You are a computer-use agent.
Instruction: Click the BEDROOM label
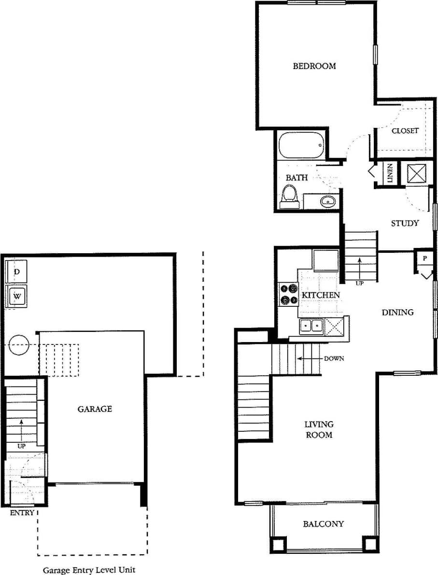[314, 66]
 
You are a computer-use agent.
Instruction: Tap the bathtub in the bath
[301, 145]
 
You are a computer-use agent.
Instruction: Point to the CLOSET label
[405, 131]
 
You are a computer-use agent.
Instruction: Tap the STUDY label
[405, 223]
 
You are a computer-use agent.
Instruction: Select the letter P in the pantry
[425, 259]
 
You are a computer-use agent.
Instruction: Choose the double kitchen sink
[311, 327]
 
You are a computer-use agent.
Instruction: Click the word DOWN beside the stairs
[334, 358]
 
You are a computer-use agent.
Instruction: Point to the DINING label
[398, 312]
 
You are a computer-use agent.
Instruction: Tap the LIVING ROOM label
[319, 429]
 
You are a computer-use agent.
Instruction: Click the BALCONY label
[324, 524]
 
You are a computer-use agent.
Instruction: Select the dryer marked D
[17, 272]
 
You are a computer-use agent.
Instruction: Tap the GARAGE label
[95, 409]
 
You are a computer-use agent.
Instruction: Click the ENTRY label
[22, 513]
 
